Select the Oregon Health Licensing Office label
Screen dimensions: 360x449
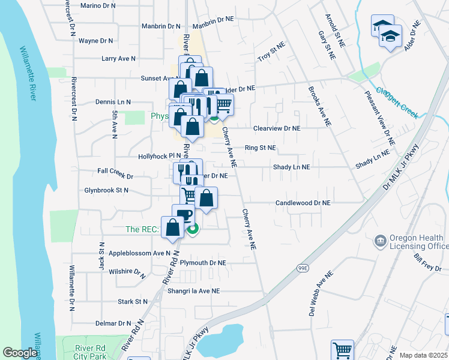(x=420, y=242)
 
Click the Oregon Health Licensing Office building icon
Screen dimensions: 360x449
(x=380, y=242)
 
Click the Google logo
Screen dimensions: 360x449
(x=20, y=353)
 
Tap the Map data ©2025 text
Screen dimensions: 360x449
(x=423, y=355)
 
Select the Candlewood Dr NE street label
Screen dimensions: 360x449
(x=303, y=203)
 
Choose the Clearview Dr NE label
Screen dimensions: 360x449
(x=277, y=128)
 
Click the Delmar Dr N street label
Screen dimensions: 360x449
(x=113, y=323)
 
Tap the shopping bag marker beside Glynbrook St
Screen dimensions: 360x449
(x=206, y=199)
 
